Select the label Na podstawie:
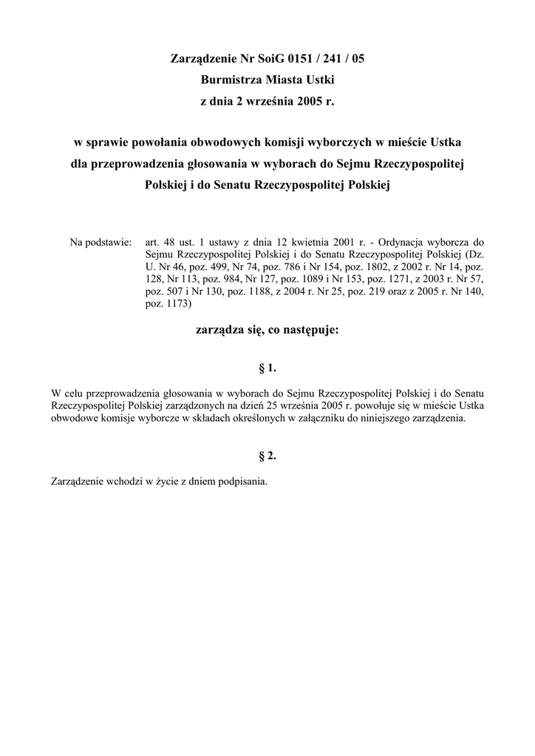click(100, 241)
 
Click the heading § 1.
click(267, 367)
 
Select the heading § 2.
click(267, 456)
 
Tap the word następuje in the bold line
click(311, 331)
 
